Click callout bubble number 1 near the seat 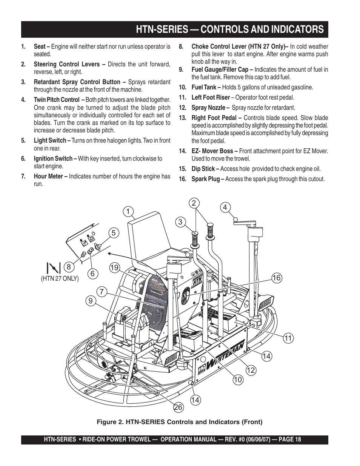click(128, 212)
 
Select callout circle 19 click(115, 268)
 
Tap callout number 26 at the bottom click(178, 407)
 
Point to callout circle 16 click(277, 278)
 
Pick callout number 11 click(288, 338)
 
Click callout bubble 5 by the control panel click(114, 233)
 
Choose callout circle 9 click(91, 301)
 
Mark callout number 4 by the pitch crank click(225, 208)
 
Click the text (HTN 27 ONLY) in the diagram click(60, 278)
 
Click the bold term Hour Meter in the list click(48, 176)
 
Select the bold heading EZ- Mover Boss click(212, 151)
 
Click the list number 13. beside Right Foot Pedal click(183, 118)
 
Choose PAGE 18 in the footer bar click(290, 440)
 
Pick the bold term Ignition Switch click(53, 159)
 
